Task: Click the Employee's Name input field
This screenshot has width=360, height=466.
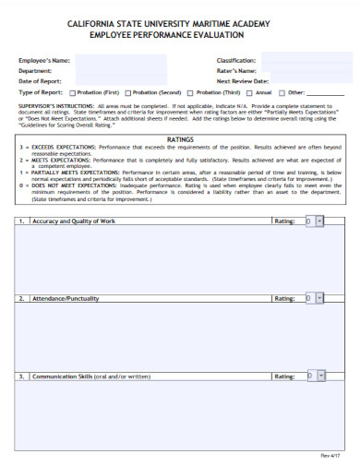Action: (x=120, y=60)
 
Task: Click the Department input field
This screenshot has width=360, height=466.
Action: (x=120, y=70)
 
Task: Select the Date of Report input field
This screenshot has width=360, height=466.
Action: (x=120, y=81)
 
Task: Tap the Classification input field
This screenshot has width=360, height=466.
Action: (x=306, y=60)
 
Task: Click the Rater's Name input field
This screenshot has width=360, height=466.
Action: (x=306, y=70)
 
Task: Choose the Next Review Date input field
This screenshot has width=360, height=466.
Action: (x=306, y=81)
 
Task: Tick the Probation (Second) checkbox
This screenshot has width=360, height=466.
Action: (x=127, y=93)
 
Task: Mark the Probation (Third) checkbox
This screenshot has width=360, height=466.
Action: (x=190, y=93)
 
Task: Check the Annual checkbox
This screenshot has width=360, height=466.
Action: (x=250, y=93)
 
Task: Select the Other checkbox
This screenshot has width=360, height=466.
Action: (x=282, y=93)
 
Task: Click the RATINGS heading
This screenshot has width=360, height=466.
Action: (x=179, y=138)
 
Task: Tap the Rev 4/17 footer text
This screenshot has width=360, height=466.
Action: (x=330, y=456)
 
